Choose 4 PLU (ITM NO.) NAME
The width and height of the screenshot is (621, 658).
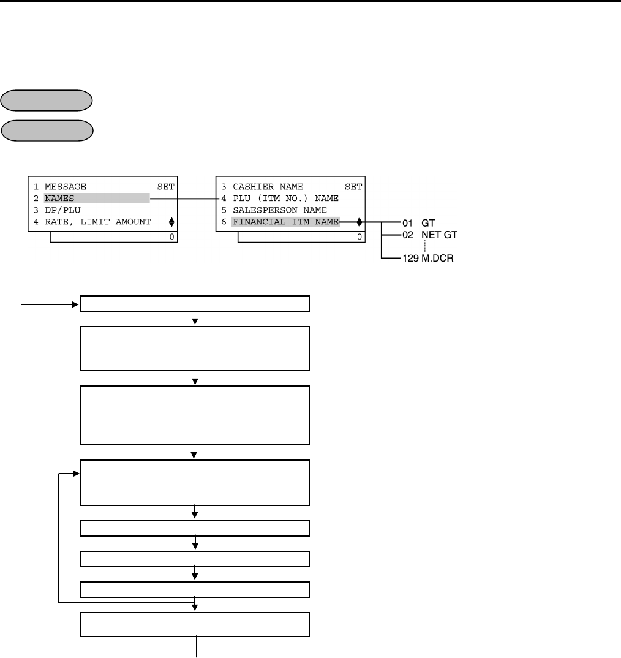click(279, 198)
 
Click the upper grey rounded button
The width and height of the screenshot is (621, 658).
click(47, 100)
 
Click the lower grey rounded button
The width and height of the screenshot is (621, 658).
click(47, 130)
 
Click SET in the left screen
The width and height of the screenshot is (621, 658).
click(166, 186)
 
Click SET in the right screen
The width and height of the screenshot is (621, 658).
click(353, 186)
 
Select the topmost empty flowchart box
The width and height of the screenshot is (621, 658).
click(195, 304)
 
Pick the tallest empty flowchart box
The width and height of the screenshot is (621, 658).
click(195, 415)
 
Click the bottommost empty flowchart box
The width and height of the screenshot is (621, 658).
click(195, 625)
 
